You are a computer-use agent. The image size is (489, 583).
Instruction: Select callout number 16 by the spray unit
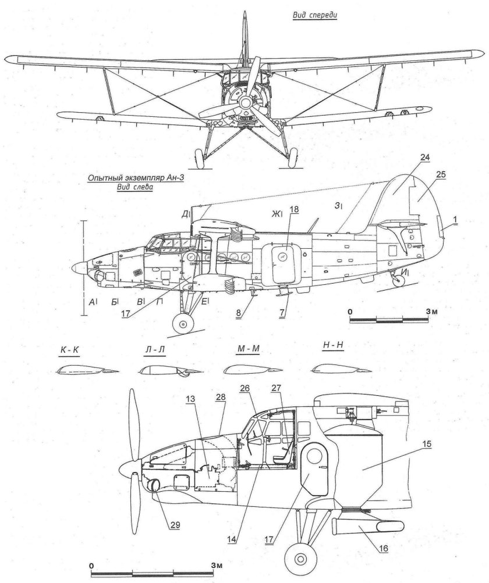383,547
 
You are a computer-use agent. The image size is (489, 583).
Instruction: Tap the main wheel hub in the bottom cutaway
300,559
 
